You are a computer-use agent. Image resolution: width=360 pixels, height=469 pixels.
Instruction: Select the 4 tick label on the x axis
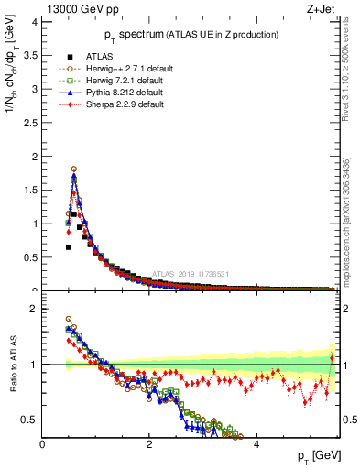pyautogui.click(x=256, y=444)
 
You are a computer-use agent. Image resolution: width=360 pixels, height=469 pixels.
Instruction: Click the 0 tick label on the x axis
pyautogui.click(x=42, y=444)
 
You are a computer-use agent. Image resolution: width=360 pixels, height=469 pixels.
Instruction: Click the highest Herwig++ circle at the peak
pyautogui.click(x=73, y=169)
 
